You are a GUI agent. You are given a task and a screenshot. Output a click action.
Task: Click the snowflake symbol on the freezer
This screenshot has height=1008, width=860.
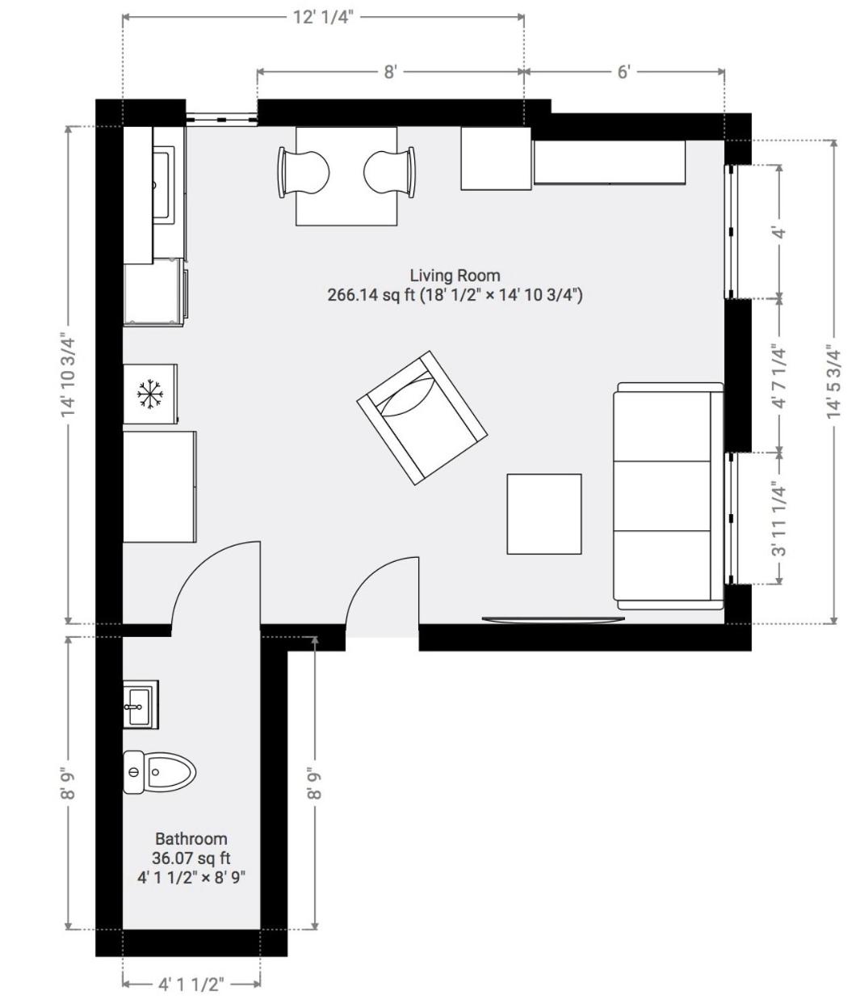point(150,394)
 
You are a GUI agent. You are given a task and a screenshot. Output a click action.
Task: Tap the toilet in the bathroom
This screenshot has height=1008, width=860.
point(159,772)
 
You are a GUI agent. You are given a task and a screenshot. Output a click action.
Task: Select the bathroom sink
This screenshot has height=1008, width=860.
point(141,705)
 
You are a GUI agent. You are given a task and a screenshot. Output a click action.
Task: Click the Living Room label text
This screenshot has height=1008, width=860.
point(455,276)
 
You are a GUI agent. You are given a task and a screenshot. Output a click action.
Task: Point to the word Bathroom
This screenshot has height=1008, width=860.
point(191,839)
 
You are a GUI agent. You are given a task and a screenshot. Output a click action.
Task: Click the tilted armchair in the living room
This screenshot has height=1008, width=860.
point(422,418)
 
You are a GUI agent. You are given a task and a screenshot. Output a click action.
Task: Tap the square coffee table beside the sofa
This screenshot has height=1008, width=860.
point(543,514)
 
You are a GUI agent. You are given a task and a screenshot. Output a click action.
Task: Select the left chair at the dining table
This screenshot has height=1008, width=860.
point(303,173)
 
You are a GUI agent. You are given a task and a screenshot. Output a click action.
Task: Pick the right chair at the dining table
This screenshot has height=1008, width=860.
point(389,173)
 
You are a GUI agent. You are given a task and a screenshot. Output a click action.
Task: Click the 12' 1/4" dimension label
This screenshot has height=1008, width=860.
point(322,18)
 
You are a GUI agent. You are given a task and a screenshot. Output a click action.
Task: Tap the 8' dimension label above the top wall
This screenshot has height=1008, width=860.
point(389,72)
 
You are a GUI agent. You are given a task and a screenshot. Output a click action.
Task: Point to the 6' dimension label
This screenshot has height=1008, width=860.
point(623,72)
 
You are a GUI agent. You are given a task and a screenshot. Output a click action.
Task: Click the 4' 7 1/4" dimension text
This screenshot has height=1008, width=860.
point(779,377)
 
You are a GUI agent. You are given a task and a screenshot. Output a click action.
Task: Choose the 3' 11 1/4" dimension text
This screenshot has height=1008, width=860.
point(779,521)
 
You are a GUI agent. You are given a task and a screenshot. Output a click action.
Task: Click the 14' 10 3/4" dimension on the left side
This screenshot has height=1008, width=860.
point(68,375)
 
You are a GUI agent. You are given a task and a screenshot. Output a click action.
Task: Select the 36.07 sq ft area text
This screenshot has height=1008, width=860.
point(191,858)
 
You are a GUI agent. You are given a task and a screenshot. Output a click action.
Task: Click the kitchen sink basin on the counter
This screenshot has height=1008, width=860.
point(162,185)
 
